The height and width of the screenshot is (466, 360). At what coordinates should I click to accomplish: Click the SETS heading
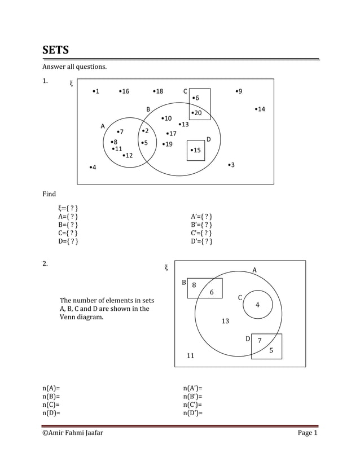pyautogui.click(x=56, y=50)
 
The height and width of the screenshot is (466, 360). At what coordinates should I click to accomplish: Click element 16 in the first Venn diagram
pyautogui.click(x=124, y=91)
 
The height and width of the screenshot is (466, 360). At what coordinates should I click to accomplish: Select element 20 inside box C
pyautogui.click(x=197, y=113)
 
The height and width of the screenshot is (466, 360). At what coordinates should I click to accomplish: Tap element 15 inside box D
pyautogui.click(x=196, y=150)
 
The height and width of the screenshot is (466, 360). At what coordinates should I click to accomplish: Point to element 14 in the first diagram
pyautogui.click(x=260, y=109)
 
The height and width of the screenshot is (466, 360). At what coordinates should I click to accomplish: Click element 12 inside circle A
pyautogui.click(x=128, y=156)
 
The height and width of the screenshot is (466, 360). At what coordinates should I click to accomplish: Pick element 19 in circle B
pyautogui.click(x=168, y=144)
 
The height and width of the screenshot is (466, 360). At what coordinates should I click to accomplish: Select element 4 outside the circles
pyautogui.click(x=93, y=168)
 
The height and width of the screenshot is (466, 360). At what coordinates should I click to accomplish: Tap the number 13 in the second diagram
pyautogui.click(x=225, y=321)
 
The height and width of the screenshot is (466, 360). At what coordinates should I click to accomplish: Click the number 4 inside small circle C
pyautogui.click(x=257, y=305)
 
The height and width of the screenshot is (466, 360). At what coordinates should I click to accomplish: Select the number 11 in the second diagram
pyautogui.click(x=191, y=355)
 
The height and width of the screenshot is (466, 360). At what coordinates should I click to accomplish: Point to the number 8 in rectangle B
pyautogui.click(x=194, y=285)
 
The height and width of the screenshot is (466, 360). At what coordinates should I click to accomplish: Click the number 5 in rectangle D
pyautogui.click(x=271, y=350)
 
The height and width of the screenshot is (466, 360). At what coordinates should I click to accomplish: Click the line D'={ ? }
pyautogui.click(x=202, y=241)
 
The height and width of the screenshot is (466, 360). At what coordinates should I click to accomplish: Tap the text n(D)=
pyautogui.click(x=51, y=412)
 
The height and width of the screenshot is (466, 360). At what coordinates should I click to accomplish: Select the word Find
pyautogui.click(x=49, y=194)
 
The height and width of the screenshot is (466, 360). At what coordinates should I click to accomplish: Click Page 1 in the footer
pyautogui.click(x=308, y=433)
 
